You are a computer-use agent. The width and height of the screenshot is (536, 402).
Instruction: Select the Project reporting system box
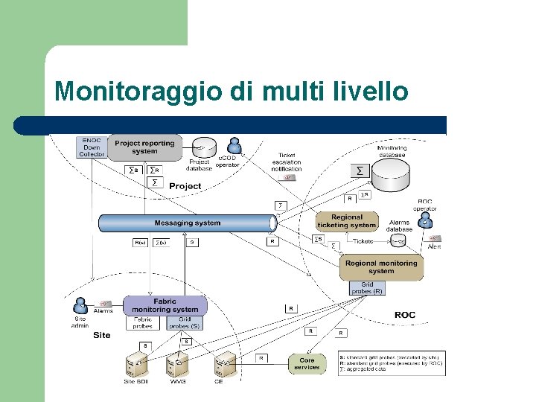[x=144, y=147]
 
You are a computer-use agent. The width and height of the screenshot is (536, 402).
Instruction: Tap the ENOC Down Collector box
[x=91, y=147]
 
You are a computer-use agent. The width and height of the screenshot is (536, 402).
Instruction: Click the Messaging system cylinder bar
[x=187, y=223]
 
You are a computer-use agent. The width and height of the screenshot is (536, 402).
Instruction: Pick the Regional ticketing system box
[x=346, y=222]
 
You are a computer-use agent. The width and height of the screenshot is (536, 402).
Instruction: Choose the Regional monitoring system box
[x=381, y=267]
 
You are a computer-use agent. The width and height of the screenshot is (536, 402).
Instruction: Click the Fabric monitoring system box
[x=165, y=305]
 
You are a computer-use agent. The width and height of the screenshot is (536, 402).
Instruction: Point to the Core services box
[x=307, y=363]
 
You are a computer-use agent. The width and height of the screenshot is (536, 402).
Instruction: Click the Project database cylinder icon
[x=202, y=147]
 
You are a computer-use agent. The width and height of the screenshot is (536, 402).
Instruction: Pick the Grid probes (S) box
[x=184, y=322]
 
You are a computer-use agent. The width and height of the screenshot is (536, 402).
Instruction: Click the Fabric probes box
[x=143, y=322]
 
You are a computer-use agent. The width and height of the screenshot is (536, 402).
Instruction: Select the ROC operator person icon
[x=425, y=222]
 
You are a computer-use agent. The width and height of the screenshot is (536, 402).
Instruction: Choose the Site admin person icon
[x=80, y=307]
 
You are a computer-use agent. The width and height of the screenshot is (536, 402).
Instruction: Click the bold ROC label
[x=405, y=315]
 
